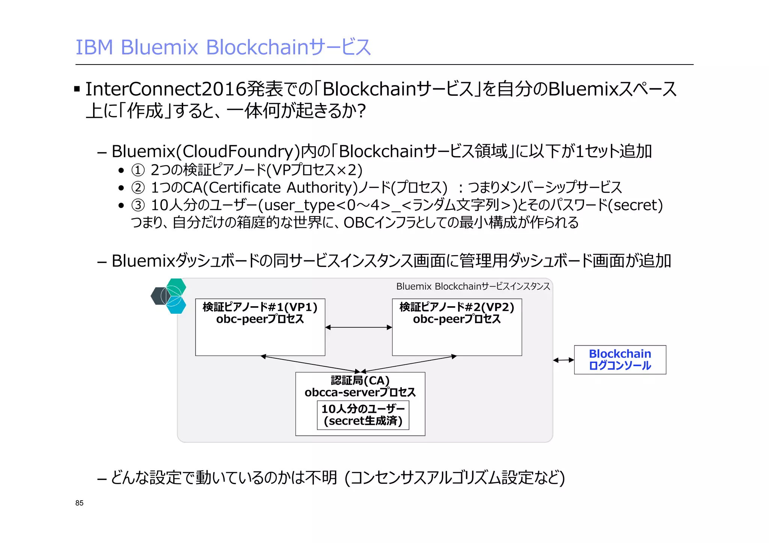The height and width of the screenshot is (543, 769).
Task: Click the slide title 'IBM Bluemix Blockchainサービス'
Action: [223, 47]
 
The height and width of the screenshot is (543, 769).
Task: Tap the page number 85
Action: [79, 503]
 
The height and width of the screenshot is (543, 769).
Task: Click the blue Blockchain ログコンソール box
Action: [620, 359]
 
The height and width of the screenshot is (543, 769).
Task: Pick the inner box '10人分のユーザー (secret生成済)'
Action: [363, 415]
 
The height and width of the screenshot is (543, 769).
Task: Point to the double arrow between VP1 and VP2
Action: [359, 327]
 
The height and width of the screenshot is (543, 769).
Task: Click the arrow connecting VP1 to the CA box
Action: [310, 364]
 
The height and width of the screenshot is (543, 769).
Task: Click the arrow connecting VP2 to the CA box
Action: [409, 364]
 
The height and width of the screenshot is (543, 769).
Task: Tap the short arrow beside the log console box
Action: [563, 360]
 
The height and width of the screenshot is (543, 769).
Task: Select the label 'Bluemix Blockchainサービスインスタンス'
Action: [473, 286]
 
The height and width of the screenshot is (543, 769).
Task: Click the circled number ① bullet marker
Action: [138, 170]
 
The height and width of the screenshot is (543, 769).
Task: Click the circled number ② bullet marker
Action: [138, 188]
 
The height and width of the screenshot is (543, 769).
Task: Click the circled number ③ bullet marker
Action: [138, 205]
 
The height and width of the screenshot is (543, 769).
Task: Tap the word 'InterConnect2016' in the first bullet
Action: [166, 89]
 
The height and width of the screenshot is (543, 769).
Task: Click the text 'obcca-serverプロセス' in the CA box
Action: [360, 392]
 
